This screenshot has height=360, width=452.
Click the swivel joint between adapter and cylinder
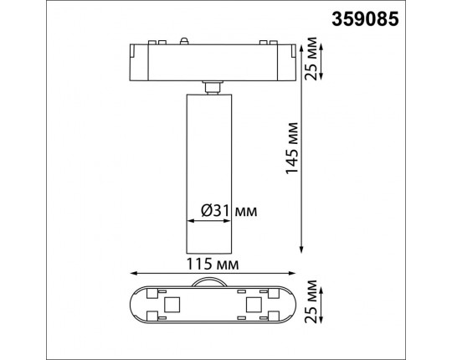[x=212, y=85]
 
